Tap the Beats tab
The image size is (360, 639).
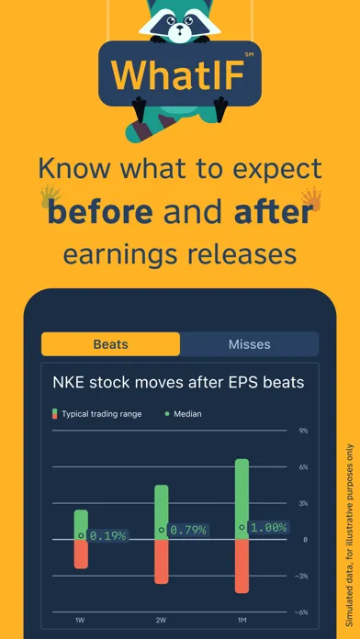coord(110,344)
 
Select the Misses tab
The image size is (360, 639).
coord(249,344)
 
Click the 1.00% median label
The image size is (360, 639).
coord(268,528)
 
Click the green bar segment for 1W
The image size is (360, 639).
coord(81,523)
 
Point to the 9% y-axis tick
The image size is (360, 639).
coord(303,431)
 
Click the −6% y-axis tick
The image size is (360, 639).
coord(302,611)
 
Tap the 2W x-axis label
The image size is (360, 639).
coord(162,622)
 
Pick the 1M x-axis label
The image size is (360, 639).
coord(242,622)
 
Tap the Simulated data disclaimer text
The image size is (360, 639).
coord(348,523)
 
